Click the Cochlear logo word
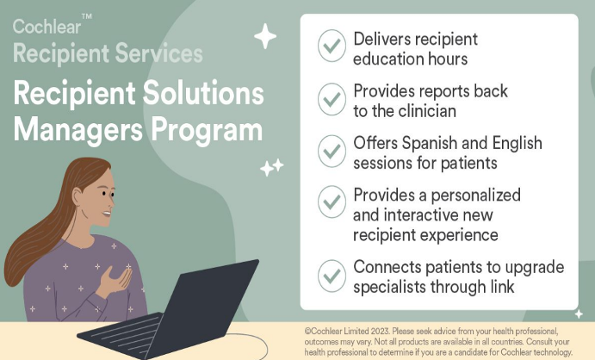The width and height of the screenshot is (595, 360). coord(46,27)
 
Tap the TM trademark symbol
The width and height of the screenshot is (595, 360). coord(87,16)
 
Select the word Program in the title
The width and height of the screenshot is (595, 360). coord(207,131)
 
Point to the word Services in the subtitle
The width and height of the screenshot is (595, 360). coord(158,53)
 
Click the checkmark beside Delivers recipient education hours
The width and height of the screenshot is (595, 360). coord(332,46)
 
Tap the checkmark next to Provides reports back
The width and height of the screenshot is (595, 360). coord(332,99)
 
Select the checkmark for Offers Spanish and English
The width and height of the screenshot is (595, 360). coord(332,151)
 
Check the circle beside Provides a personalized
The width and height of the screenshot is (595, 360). coord(332,202)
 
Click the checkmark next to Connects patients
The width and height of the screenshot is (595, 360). coord(332,276)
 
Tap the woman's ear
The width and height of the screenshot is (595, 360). coord(77,198)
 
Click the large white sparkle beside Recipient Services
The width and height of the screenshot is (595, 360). coord(265,36)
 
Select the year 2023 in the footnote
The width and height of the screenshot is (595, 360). coord(381,332)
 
